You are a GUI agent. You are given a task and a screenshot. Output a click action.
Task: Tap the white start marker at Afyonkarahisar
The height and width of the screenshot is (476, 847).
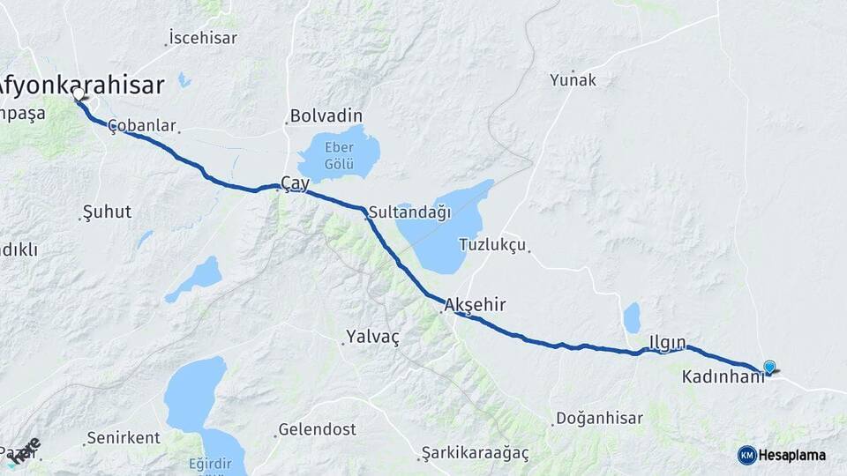coord(79,93)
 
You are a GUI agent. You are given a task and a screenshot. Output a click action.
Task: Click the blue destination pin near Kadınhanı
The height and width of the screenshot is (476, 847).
coord(769,368)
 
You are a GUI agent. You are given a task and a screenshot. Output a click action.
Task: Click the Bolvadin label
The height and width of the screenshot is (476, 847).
coord(326,116)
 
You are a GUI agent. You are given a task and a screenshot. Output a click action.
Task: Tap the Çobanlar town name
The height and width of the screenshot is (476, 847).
coord(142,126)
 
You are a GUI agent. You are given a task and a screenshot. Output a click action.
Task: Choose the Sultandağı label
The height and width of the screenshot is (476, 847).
coord(409,212)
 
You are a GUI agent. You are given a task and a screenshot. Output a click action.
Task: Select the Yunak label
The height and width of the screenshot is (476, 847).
coord(573,80)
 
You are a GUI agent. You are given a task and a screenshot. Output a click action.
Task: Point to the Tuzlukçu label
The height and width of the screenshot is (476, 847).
coord(492,244)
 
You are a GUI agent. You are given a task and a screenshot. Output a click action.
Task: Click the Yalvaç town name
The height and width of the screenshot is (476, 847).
coord(373,337)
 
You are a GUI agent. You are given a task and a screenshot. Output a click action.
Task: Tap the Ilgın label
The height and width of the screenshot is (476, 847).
coord(667,342)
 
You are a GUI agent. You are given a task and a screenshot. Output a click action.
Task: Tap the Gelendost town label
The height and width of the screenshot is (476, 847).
coord(317,430)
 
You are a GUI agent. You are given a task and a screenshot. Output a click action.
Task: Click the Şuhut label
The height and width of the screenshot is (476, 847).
coord(106,212)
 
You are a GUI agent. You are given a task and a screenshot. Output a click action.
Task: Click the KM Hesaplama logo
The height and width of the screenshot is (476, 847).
coord(782,455)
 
